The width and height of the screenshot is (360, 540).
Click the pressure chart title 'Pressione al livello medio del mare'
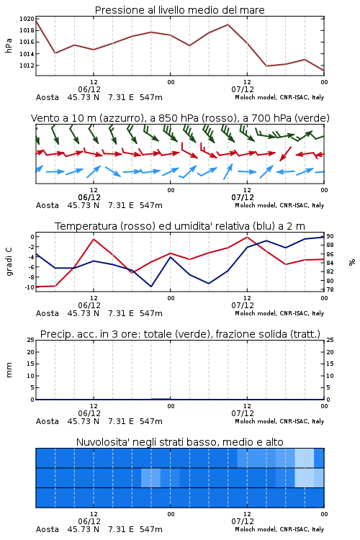(179, 10)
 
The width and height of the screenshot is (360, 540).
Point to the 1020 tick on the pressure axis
(27, 19)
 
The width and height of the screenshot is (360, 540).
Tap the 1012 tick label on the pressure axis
(27, 66)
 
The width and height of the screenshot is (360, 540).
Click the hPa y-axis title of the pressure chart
(9, 45)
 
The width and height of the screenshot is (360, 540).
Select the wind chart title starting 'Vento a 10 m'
(180, 118)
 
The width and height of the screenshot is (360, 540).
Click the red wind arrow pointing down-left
(286, 153)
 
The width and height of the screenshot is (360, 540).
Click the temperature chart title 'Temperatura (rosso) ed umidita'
(180, 226)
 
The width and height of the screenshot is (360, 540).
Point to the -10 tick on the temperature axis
(29, 287)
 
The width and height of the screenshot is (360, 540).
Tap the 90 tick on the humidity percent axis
(330, 236)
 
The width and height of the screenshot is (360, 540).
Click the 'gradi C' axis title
(9, 261)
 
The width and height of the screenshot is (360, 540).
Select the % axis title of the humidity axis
(352, 262)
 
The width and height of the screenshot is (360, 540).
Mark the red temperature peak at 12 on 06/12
(94, 239)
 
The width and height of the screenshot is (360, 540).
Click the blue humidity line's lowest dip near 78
(151, 287)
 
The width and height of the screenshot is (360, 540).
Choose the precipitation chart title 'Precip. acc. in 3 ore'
(180, 334)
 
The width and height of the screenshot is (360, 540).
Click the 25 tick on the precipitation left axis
(31, 340)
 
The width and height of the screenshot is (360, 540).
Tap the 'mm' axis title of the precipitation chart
(9, 370)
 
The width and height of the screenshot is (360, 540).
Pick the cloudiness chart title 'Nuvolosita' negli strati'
(179, 442)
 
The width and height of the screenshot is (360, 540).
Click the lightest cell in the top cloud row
(305, 458)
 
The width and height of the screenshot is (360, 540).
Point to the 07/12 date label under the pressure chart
(243, 89)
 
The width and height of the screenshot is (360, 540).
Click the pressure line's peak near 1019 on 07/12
(228, 24)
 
